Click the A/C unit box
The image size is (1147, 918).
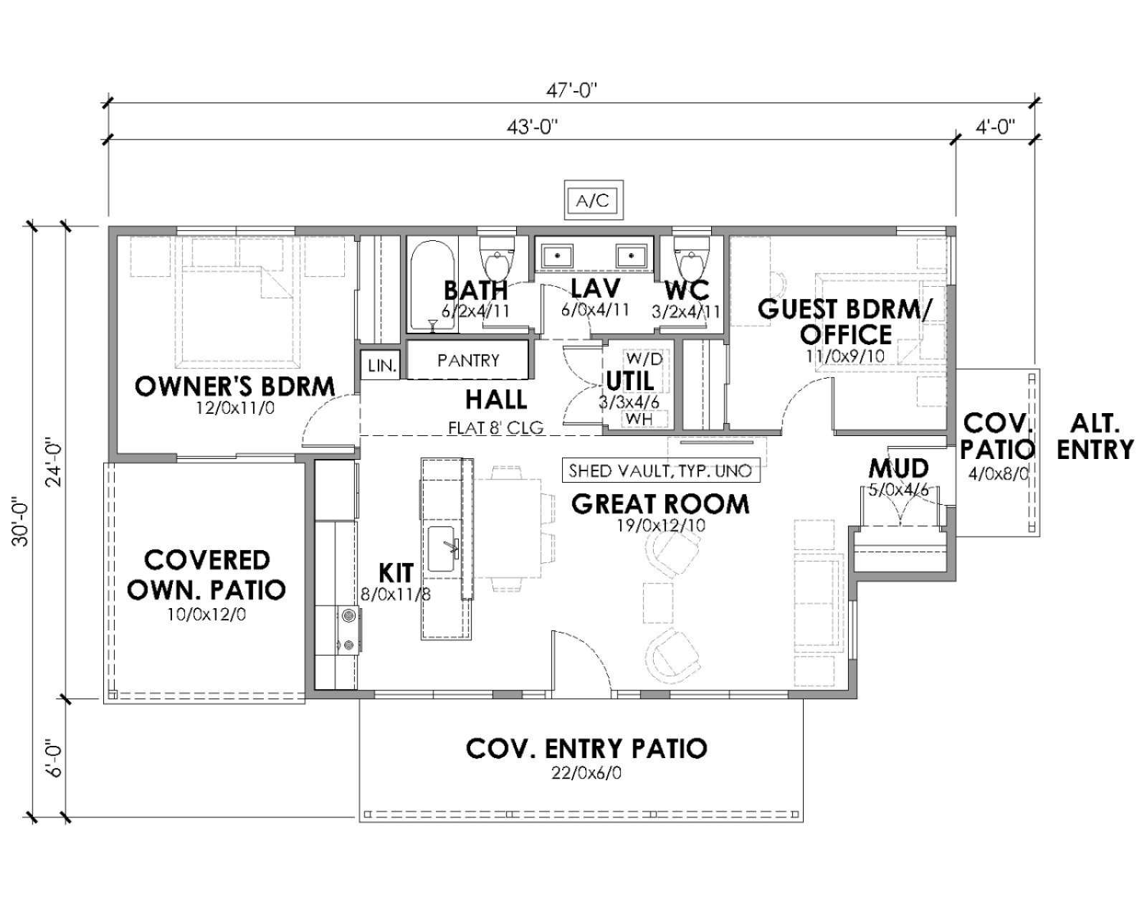(x=594, y=200)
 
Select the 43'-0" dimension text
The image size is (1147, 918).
(x=532, y=128)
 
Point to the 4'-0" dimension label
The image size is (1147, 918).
(x=995, y=128)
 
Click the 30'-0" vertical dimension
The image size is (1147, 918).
(x=22, y=522)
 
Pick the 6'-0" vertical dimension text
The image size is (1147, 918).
(x=55, y=758)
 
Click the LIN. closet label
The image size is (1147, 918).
(x=382, y=366)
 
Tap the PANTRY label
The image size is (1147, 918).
(x=469, y=361)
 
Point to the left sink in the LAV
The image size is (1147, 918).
(x=557, y=256)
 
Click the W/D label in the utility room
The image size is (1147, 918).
(x=644, y=359)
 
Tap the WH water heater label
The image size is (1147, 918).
(x=639, y=419)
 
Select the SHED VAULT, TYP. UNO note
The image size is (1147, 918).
(x=660, y=470)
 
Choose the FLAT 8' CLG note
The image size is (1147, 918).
(x=495, y=427)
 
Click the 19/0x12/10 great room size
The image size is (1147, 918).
(x=661, y=526)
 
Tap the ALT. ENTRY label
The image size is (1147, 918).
(x=1095, y=437)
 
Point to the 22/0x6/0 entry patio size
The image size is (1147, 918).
(x=586, y=772)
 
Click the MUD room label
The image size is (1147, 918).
(x=899, y=468)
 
